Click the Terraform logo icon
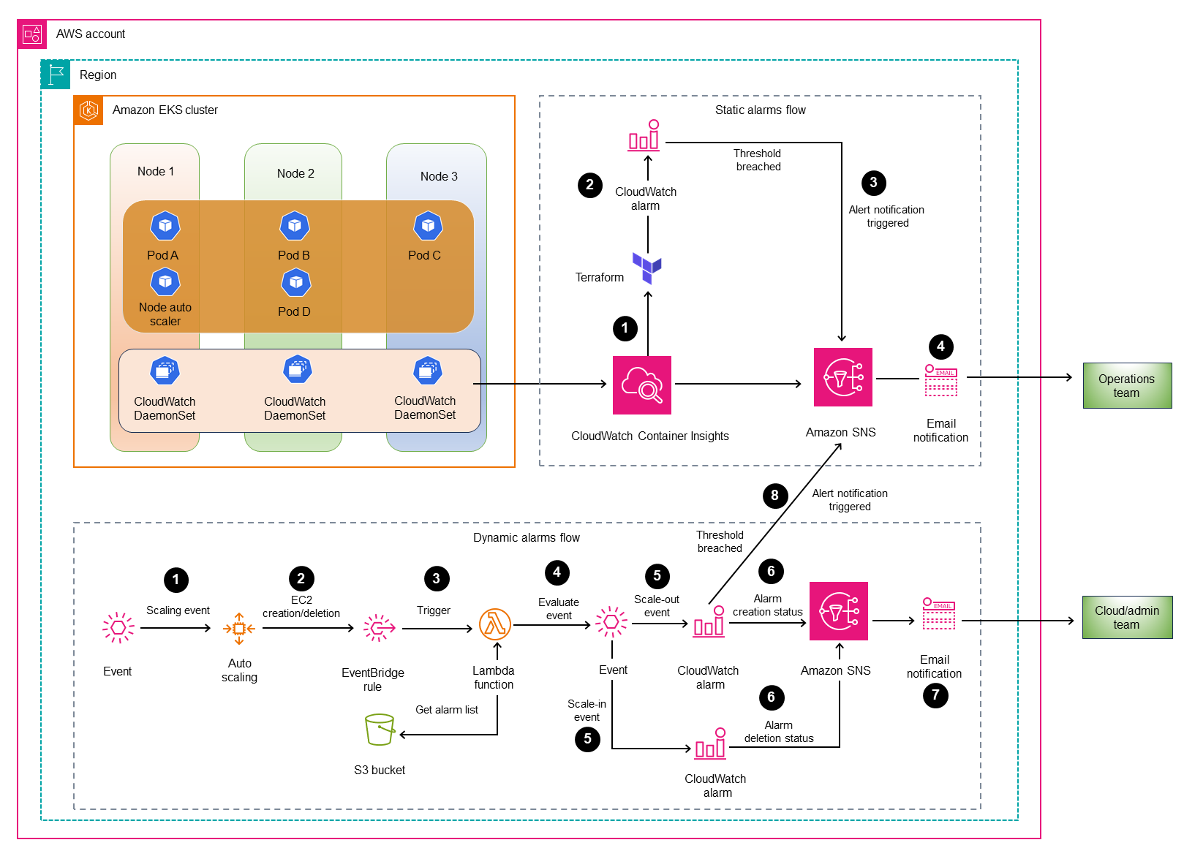coord(646,268)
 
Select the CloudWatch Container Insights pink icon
coord(641,385)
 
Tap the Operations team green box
coord(1126,385)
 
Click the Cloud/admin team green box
coord(1126,617)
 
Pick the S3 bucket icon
coord(380,730)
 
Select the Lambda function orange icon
coord(494,624)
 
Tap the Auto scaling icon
coord(239,628)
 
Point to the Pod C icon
coord(428,226)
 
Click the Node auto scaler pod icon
coord(165,281)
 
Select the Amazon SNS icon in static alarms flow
coord(842,377)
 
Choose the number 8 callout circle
coord(774,496)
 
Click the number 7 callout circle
coord(935,695)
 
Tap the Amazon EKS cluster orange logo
coord(89,110)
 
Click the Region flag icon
coord(56,75)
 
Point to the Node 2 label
coord(295,173)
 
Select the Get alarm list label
coord(446,709)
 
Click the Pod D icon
coord(295,282)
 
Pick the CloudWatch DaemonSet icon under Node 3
coord(427,371)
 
